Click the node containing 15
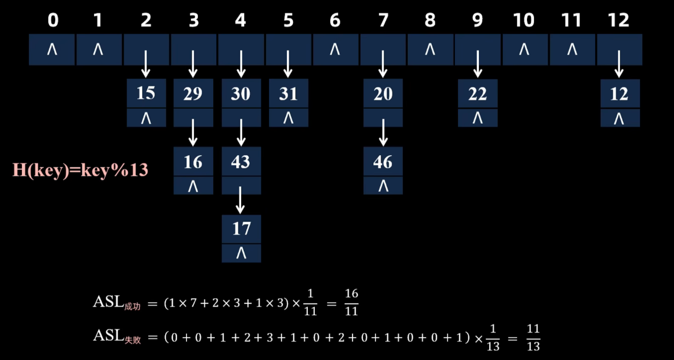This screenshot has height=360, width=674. click(x=146, y=93)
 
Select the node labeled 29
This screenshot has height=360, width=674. click(x=193, y=93)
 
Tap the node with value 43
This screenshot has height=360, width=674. click(x=241, y=162)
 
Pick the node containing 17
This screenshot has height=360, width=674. click(x=241, y=228)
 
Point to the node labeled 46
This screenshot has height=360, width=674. click(x=383, y=162)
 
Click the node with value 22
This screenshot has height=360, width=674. click(x=478, y=93)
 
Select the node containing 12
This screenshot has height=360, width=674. click(x=619, y=93)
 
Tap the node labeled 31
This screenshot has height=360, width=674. click(x=288, y=93)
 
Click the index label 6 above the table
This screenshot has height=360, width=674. click(x=335, y=20)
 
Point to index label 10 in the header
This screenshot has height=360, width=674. click(x=524, y=20)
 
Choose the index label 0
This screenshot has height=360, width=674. click(x=52, y=20)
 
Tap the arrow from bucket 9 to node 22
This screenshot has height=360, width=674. click(x=478, y=63)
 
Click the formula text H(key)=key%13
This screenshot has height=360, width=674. click(x=80, y=170)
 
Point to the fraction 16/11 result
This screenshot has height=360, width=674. click(x=351, y=302)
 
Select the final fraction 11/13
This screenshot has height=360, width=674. click(x=533, y=337)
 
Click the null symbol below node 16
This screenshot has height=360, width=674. click(x=193, y=186)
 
